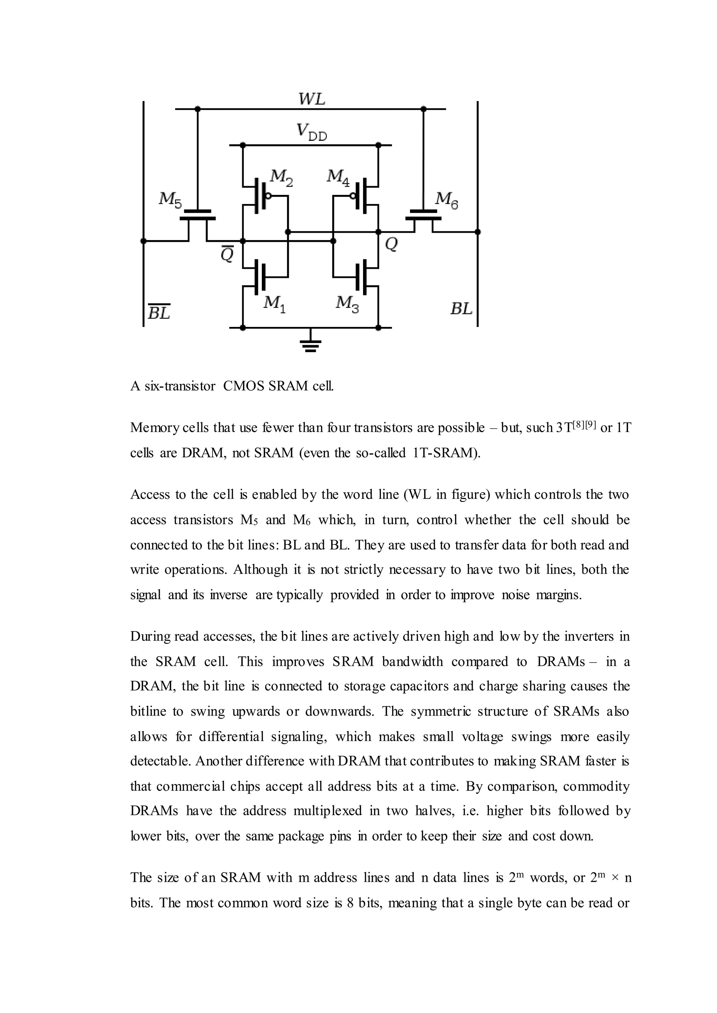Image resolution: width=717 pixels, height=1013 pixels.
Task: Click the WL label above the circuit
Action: coord(312,98)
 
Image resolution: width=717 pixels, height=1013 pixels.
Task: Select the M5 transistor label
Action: coord(170,200)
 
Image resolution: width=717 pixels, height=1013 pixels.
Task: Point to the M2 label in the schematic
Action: coord(281,177)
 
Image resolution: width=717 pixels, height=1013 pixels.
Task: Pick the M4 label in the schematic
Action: coord(338,177)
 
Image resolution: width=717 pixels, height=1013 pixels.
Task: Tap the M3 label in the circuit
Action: coord(347,304)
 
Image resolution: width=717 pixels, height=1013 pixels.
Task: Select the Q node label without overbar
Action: coord(391,244)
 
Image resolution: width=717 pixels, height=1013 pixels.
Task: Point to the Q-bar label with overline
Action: coord(227,254)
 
